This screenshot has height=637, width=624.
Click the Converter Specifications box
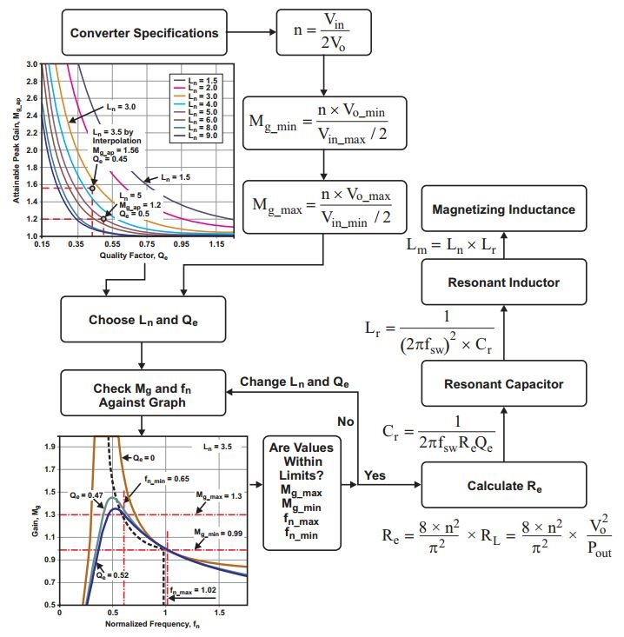(144, 32)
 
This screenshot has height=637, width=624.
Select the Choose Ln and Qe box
(143, 319)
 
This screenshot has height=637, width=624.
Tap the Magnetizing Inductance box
(504, 209)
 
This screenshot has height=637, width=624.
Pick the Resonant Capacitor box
(504, 383)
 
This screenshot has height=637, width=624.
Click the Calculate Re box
(504, 485)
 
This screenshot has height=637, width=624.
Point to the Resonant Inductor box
(504, 282)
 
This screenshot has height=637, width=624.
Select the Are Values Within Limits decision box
(302, 494)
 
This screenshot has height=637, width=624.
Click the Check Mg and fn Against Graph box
(143, 393)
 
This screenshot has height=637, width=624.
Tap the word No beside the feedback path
(346, 421)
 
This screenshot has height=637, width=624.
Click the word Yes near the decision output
(375, 474)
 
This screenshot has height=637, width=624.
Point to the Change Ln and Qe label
(295, 382)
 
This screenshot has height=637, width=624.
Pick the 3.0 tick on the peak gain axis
(31, 64)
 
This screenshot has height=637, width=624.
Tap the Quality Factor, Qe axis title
(134, 255)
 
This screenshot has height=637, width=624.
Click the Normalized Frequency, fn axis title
(152, 624)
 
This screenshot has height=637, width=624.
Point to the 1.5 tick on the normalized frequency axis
(219, 612)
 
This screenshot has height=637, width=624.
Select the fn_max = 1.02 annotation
(193, 590)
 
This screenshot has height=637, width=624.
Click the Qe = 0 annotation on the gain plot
(143, 458)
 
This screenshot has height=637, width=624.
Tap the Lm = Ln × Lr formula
(451, 245)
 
